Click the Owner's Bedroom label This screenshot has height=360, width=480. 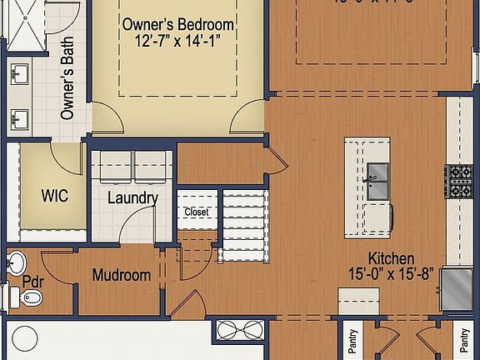(x=177, y=24)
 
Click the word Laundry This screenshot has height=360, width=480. (x=132, y=198)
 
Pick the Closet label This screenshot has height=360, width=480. (x=197, y=212)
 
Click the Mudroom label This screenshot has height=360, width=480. (x=122, y=275)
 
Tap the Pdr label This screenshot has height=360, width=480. (x=32, y=281)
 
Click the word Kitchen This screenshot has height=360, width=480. (x=392, y=259)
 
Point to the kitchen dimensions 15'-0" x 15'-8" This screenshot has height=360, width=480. (x=391, y=274)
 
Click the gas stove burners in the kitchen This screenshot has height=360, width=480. (x=459, y=182)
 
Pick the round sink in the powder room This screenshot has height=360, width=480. (x=16, y=263)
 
